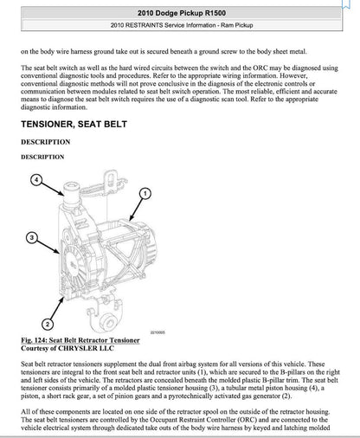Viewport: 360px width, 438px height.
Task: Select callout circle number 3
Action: pos(30,236)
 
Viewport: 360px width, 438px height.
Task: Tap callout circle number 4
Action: pos(37,181)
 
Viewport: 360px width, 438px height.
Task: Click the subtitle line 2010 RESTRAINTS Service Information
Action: pos(179,26)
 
